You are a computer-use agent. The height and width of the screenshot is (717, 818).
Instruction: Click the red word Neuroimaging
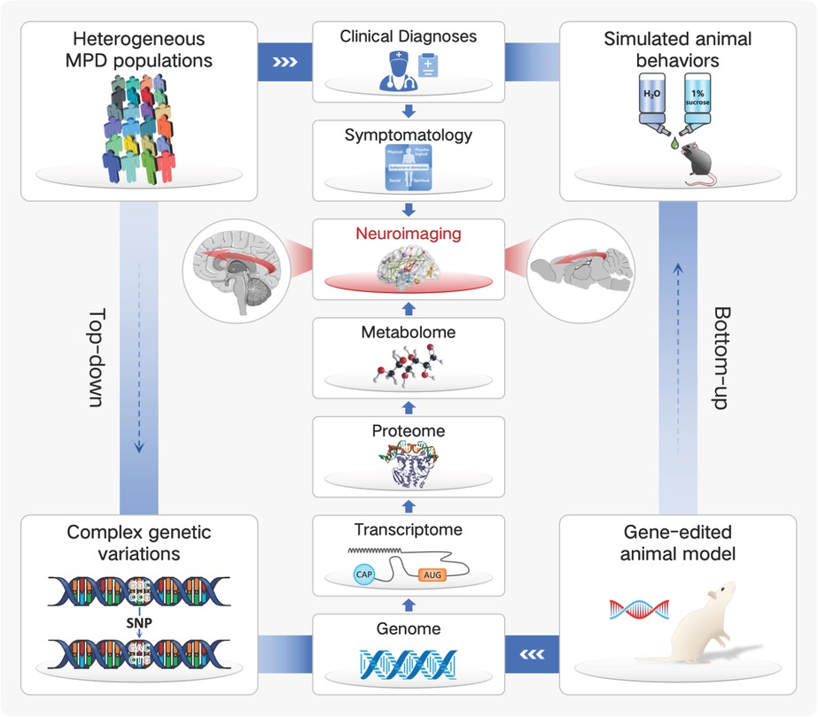point(408,235)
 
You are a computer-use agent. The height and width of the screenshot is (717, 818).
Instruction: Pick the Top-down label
point(96,357)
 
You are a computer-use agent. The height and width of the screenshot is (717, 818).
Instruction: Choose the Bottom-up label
point(720,357)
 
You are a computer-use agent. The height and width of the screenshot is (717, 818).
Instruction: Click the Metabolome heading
point(408,333)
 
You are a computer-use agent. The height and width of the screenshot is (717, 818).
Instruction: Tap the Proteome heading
point(408,432)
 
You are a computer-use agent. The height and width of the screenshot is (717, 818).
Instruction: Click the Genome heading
point(408,629)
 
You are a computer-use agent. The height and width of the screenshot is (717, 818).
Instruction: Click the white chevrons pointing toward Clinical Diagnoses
point(283,62)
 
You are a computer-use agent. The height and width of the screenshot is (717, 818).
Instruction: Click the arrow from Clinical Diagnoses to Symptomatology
point(408,112)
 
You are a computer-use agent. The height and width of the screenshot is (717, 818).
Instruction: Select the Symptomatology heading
point(408,136)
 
